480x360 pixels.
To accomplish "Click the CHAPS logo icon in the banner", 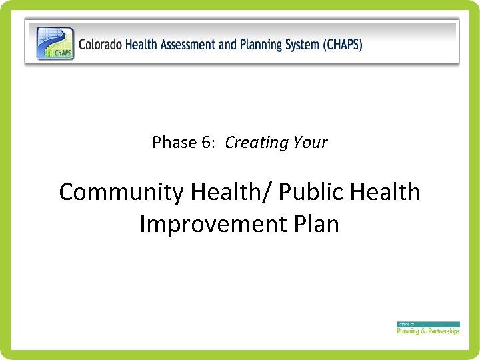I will click(x=55, y=43).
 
